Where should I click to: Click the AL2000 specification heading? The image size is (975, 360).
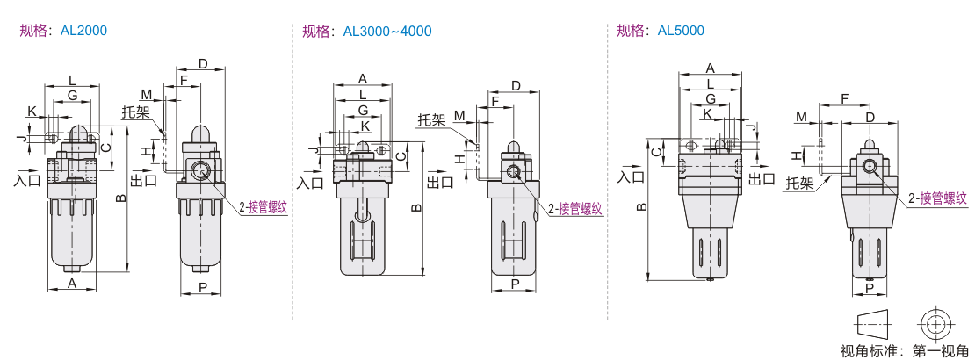click(x=63, y=31)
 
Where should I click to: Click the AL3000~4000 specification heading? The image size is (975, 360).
click(x=366, y=32)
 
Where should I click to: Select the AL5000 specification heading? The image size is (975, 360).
click(x=660, y=31)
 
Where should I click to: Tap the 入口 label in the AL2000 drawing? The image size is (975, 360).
click(x=28, y=180)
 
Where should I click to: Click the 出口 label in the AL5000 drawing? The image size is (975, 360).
click(x=762, y=178)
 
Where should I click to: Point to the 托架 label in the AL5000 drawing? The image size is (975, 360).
click(x=798, y=184)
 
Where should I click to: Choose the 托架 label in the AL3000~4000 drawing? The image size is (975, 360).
click(x=431, y=119)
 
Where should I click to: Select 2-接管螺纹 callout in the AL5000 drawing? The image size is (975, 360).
click(x=937, y=198)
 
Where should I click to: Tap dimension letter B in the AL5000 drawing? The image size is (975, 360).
click(x=642, y=207)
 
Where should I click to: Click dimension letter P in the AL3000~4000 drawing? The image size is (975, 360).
click(x=516, y=284)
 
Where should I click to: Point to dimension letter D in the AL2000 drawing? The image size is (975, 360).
click(x=203, y=64)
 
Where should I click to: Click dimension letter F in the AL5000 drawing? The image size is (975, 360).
click(x=844, y=99)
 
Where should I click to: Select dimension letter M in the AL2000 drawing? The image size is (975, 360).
click(x=146, y=94)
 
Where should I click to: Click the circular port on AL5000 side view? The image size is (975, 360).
click(x=870, y=167)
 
